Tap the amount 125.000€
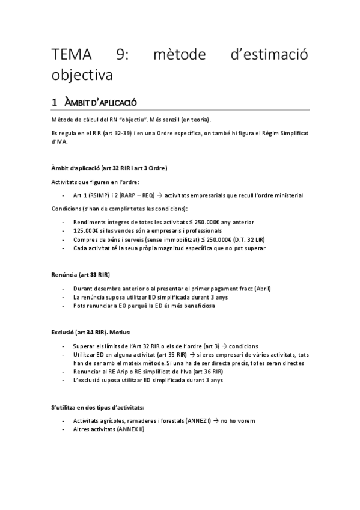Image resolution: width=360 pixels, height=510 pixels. click(x=84, y=231)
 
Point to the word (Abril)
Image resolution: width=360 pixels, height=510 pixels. click(x=260, y=289)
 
